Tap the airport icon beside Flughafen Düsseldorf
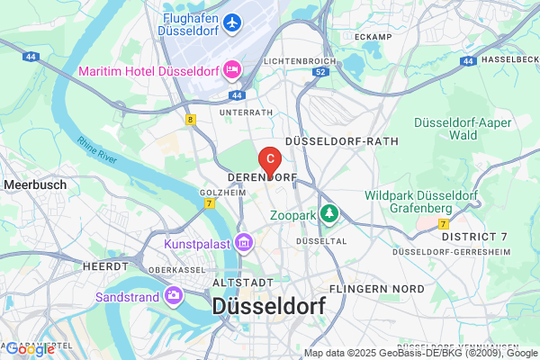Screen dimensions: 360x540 pyautogui.click(x=234, y=20)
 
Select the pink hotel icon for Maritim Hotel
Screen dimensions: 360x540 pyautogui.click(x=233, y=69)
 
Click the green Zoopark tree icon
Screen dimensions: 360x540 pyautogui.click(x=330, y=214)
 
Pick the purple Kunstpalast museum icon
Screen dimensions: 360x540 pyautogui.click(x=243, y=241)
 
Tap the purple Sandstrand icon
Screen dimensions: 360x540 pyautogui.click(x=173, y=295)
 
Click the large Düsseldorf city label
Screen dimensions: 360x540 pyautogui.click(x=269, y=307)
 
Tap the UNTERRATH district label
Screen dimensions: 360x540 pyautogui.click(x=246, y=112)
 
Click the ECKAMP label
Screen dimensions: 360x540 pyautogui.click(x=373, y=36)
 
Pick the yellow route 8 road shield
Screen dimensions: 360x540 pyautogui.click(x=191, y=119)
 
